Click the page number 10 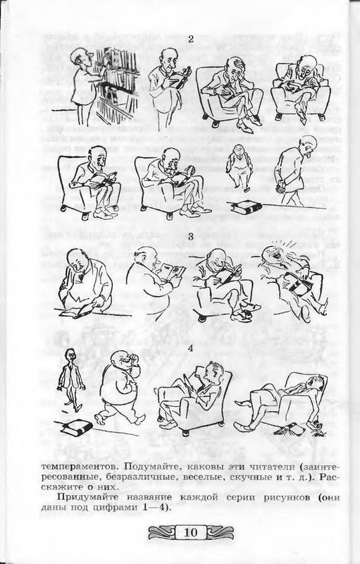pyautogui.click(x=191, y=532)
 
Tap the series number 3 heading pyautogui.click(x=191, y=237)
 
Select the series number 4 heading pyautogui.click(x=191, y=348)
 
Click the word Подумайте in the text pyautogui.click(x=148, y=467)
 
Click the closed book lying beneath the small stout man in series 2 pyautogui.click(x=247, y=207)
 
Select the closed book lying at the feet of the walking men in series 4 pyautogui.click(x=77, y=427)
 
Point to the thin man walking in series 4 pyautogui.click(x=70, y=381)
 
